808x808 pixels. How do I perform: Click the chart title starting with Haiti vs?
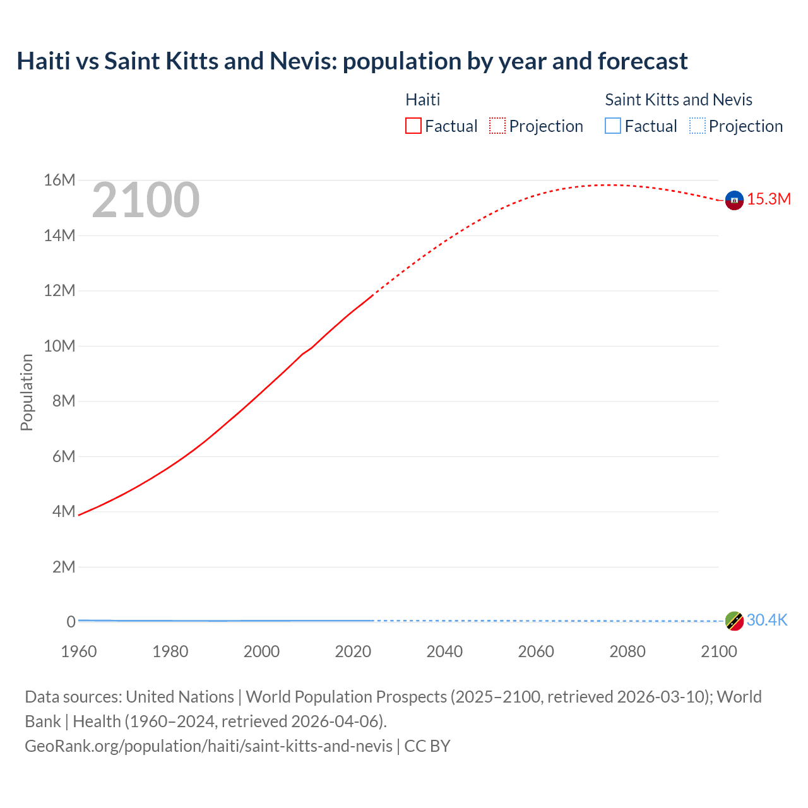tap(352, 61)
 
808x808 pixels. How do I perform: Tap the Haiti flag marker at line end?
tap(734, 200)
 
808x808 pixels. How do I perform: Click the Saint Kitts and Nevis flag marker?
tap(734, 621)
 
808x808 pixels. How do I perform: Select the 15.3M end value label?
tap(769, 199)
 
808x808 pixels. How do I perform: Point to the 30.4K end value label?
tap(767, 621)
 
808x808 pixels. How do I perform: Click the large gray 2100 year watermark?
tap(146, 201)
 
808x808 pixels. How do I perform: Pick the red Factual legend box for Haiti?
tap(413, 126)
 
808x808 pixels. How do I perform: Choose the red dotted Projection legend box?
tap(497, 126)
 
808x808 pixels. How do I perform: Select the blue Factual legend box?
tap(613, 126)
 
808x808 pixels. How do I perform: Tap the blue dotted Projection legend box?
tap(698, 126)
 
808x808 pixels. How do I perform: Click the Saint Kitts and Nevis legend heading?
tap(679, 100)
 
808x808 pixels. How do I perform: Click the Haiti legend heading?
tap(422, 100)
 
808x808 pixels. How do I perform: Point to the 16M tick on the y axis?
tap(59, 181)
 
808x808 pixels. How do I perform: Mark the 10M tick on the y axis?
tap(59, 346)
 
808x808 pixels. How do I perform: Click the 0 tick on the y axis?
tap(71, 622)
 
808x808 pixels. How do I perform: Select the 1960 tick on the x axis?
tap(79, 651)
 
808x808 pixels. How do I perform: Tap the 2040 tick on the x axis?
tap(444, 651)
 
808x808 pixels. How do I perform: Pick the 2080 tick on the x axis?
tap(627, 651)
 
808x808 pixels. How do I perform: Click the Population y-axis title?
tap(27, 393)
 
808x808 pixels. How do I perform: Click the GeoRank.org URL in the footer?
tap(208, 746)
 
